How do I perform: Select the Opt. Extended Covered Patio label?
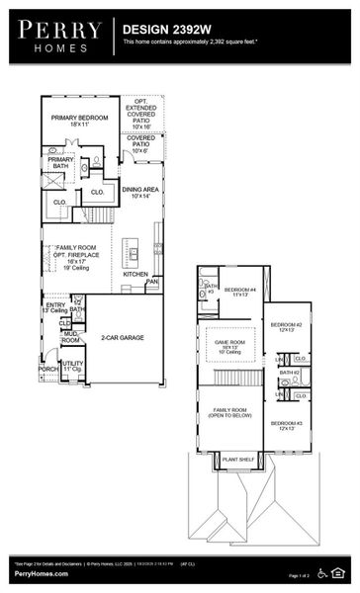pos(141,114)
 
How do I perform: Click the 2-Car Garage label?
pos(124,338)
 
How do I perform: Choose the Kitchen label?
pos(135,274)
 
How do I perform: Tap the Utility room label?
pos(72,367)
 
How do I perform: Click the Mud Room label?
pos(70,337)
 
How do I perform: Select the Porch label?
pos(47,369)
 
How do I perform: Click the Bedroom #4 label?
pos(239,292)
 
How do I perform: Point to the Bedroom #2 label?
pos(287,327)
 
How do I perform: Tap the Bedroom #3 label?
pos(287,425)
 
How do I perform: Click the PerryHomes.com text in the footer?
pos(34,574)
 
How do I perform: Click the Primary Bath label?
pos(61,162)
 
